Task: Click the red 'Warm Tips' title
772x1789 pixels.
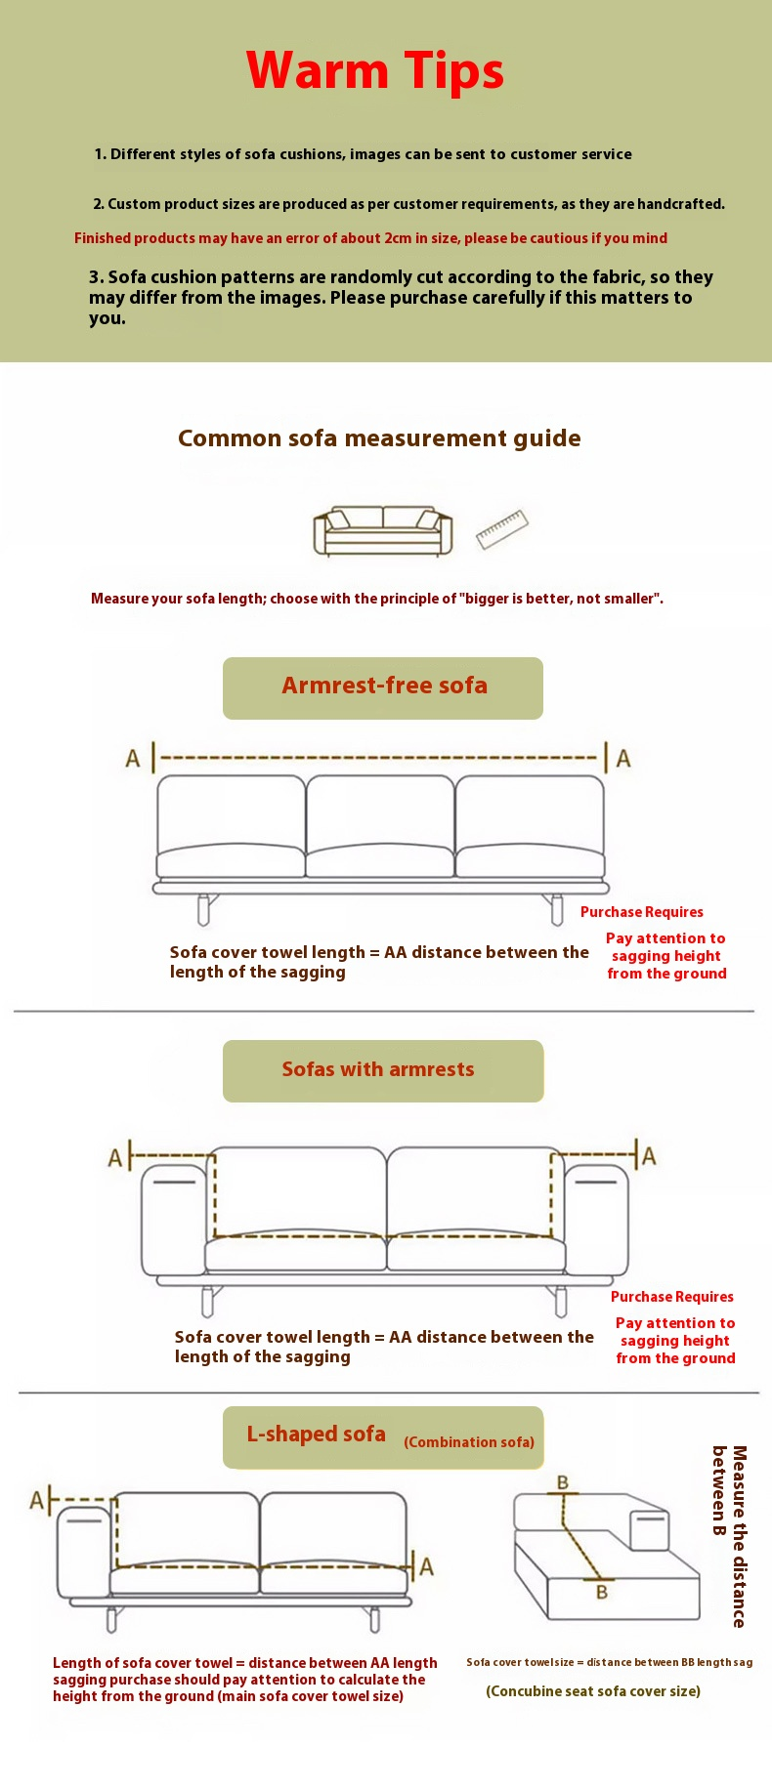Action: (375, 71)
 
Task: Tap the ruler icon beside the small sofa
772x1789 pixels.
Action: (502, 529)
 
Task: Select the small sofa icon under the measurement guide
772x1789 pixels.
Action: (382, 531)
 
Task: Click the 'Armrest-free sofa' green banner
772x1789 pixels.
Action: (383, 687)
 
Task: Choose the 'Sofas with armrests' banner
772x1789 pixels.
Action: (383, 1070)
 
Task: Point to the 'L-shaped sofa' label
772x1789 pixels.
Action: (316, 1434)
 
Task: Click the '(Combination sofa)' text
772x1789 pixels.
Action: (469, 1442)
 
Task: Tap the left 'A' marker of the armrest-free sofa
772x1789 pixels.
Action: (133, 759)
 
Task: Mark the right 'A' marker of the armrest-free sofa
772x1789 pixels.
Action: (623, 759)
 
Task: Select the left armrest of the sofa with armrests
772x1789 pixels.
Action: (174, 1221)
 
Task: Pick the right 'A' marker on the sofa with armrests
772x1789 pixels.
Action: (649, 1156)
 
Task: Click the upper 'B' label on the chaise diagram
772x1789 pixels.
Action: (563, 1482)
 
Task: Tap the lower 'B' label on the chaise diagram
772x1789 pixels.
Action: (602, 1592)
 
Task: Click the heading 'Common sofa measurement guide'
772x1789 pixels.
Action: (379, 438)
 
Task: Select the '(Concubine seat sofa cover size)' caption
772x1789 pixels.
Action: (593, 1691)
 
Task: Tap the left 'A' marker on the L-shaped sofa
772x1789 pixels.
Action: (37, 1500)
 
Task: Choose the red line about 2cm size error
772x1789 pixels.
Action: (370, 238)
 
